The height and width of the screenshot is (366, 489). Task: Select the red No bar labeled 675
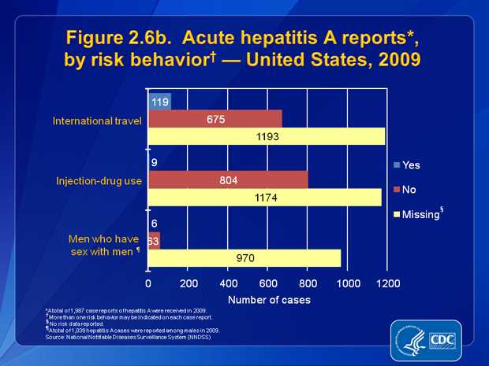(215, 118)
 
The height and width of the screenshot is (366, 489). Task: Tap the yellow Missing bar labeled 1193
(267, 136)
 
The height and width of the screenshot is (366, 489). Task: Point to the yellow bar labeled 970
(244, 257)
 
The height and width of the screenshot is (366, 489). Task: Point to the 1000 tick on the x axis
(348, 283)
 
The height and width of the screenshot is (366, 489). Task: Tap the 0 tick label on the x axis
(148, 283)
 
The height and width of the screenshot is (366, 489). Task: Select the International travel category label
(97, 121)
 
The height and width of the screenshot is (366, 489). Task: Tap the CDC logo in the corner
(434, 339)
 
